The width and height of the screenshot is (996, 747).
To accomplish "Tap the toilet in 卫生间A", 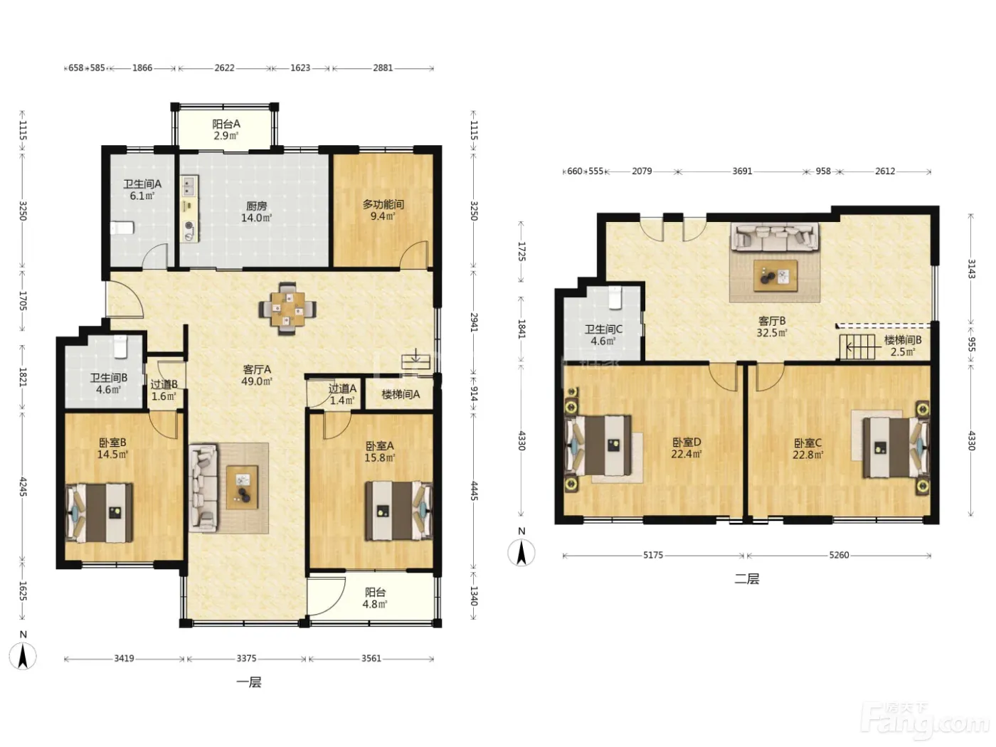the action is [x=122, y=228].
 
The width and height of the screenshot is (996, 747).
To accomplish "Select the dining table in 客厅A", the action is [x=287, y=309].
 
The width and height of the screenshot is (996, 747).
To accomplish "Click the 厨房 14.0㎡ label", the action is [x=256, y=212].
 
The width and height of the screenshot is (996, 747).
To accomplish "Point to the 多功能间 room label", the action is [x=383, y=205].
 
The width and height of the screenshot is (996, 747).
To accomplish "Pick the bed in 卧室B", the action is [x=100, y=512].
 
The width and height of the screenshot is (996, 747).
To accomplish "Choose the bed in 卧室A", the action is [x=399, y=511].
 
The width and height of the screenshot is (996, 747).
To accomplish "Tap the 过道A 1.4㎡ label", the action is [x=342, y=395].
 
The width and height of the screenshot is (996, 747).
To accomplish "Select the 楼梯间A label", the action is [x=401, y=395].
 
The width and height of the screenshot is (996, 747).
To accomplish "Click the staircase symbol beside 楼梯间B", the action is [x=857, y=347].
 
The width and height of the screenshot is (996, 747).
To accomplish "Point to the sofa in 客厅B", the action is [x=775, y=236].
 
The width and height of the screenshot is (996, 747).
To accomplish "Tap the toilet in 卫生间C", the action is [x=615, y=297].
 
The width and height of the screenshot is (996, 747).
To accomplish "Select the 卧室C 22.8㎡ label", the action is [x=807, y=449].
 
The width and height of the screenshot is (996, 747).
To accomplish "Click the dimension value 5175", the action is [x=653, y=555].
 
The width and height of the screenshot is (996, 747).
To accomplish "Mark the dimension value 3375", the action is [x=246, y=658].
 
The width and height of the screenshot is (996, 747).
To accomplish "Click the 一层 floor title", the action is [x=249, y=682].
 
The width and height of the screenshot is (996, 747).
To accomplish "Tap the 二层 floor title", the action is [x=747, y=578].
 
